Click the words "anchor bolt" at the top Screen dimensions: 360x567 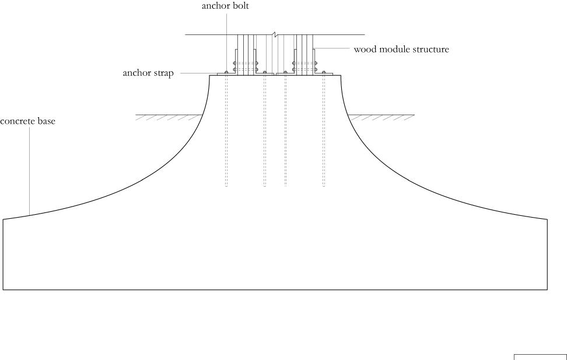[x=225, y=6]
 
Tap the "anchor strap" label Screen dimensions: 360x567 [x=148, y=74]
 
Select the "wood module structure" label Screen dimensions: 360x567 [x=401, y=50]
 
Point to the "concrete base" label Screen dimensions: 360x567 [x=27, y=122]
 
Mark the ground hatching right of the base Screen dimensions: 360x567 [x=382, y=117]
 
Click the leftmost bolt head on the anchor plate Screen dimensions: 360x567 [x=226, y=72]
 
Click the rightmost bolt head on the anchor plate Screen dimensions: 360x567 [x=324, y=72]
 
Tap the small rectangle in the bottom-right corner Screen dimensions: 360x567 [x=540, y=356]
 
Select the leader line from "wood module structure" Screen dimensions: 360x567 [x=332, y=48]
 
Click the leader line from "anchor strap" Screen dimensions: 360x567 [x=195, y=74]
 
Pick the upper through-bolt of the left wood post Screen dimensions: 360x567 [x=235, y=63]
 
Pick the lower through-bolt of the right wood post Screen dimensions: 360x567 [x=316, y=70]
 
